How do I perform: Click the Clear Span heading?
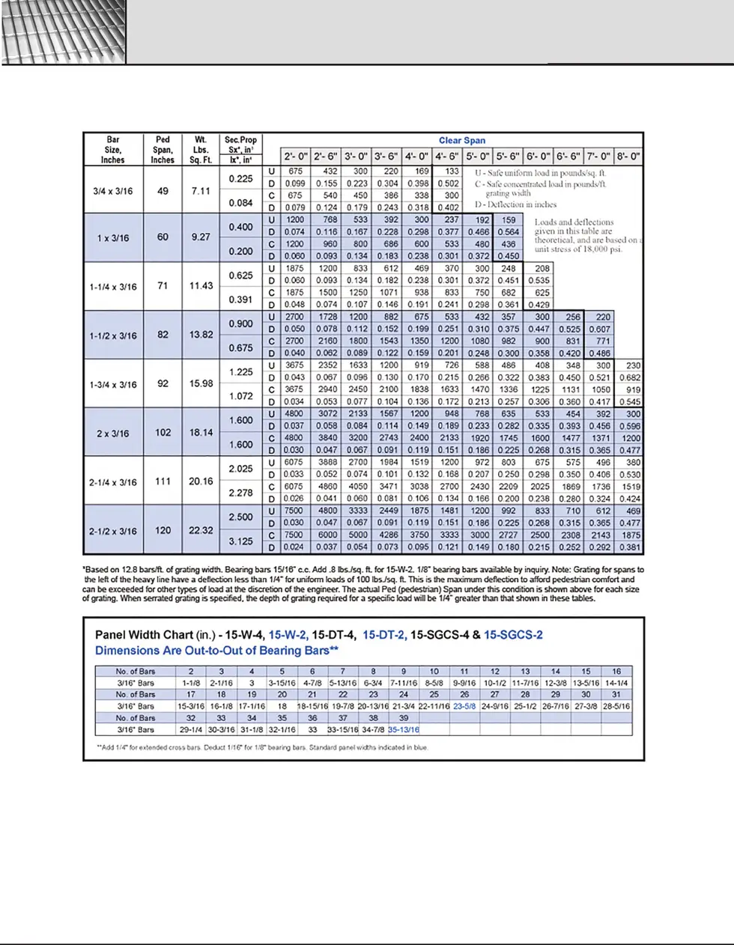(x=461, y=140)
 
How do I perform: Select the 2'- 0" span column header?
(x=296, y=157)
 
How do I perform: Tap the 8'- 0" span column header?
(x=628, y=157)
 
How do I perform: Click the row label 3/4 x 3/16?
(x=112, y=191)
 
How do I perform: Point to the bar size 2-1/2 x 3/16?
(x=112, y=531)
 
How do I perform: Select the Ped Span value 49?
(x=163, y=191)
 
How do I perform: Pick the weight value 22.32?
(x=201, y=530)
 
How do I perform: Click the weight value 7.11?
(x=201, y=191)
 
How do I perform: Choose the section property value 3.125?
(x=240, y=541)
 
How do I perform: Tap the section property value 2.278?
(x=240, y=493)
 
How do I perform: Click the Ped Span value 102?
(x=163, y=432)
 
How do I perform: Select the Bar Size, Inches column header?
(x=112, y=150)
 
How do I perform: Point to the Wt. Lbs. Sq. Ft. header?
(x=201, y=150)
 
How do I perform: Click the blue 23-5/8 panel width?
(x=464, y=706)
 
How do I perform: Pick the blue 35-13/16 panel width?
(x=404, y=729)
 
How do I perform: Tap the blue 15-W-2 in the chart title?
(x=288, y=635)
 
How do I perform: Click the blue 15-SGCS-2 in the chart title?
(x=513, y=635)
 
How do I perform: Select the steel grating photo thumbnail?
(x=64, y=32)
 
